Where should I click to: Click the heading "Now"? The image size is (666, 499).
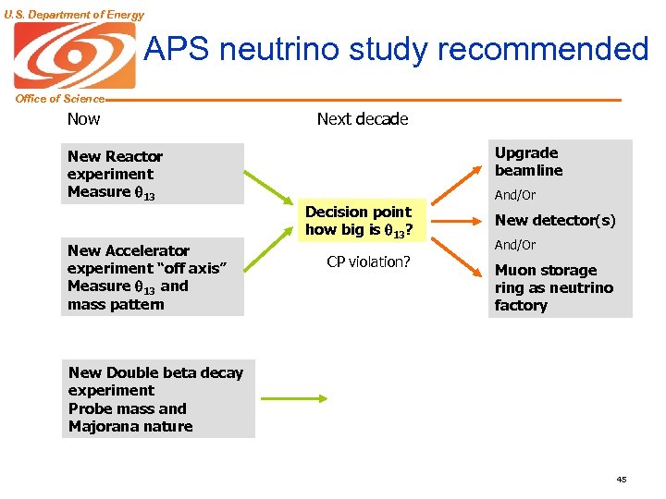(83, 118)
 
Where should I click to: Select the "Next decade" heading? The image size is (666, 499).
(362, 118)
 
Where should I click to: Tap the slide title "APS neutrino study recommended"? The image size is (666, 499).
(397, 49)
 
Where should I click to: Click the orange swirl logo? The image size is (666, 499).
(74, 55)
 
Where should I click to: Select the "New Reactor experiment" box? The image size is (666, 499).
(153, 174)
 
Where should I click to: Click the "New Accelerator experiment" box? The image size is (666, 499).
(153, 277)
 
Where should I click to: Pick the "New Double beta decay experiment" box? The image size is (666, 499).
(160, 399)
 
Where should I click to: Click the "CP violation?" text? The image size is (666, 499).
(368, 262)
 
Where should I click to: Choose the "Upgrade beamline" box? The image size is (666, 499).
(560, 162)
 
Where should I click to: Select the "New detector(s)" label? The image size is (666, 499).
(555, 220)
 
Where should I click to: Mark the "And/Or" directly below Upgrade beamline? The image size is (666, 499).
(515, 195)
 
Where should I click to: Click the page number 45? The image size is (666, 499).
(621, 479)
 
